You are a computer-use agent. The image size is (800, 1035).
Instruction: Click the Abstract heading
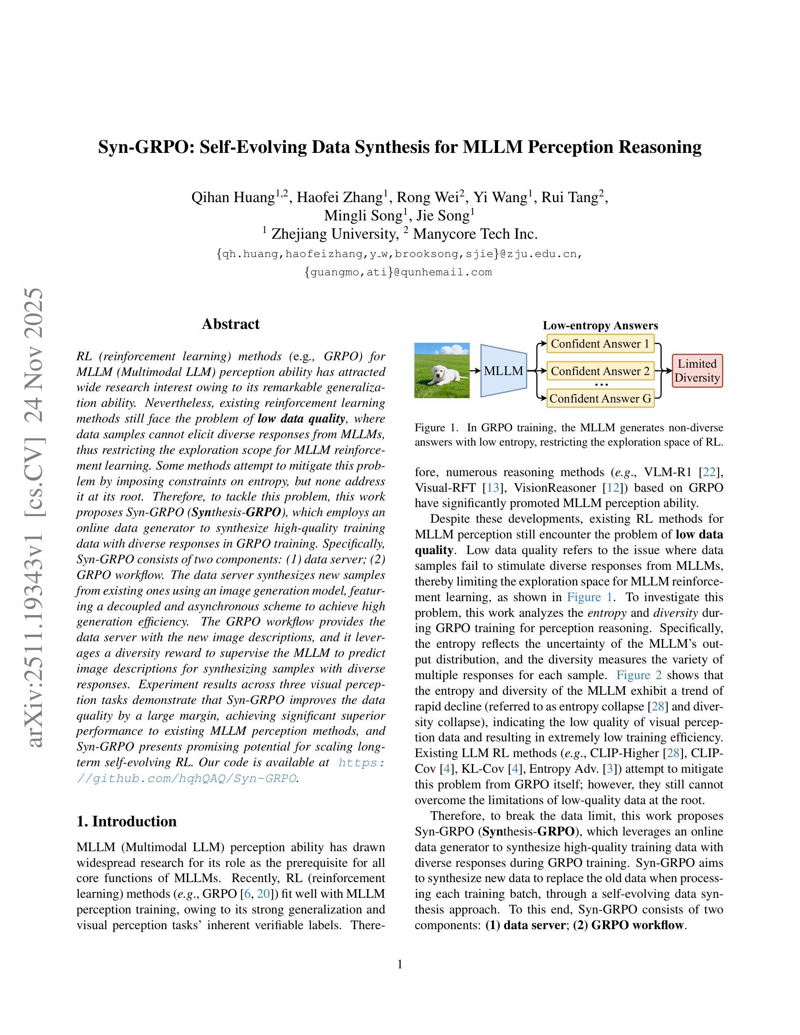pos(231,324)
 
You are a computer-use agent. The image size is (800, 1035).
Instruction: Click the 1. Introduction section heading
pos(126,821)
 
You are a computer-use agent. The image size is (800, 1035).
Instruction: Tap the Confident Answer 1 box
pos(600,344)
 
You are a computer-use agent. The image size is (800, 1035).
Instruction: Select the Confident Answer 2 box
pos(600,371)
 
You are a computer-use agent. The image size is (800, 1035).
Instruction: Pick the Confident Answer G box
pos(600,399)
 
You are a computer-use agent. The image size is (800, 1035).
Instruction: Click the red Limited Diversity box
pos(697,371)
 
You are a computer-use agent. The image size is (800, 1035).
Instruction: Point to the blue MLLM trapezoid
pos(503,371)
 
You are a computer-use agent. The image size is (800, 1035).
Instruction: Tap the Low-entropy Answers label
pos(600,325)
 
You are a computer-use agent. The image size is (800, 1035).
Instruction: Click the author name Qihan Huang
pos(233,197)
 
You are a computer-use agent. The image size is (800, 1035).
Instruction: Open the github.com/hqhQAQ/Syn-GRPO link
pos(187,778)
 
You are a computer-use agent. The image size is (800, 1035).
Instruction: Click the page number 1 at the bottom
pos(400,964)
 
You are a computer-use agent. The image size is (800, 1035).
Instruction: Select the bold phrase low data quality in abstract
pos(302,419)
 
